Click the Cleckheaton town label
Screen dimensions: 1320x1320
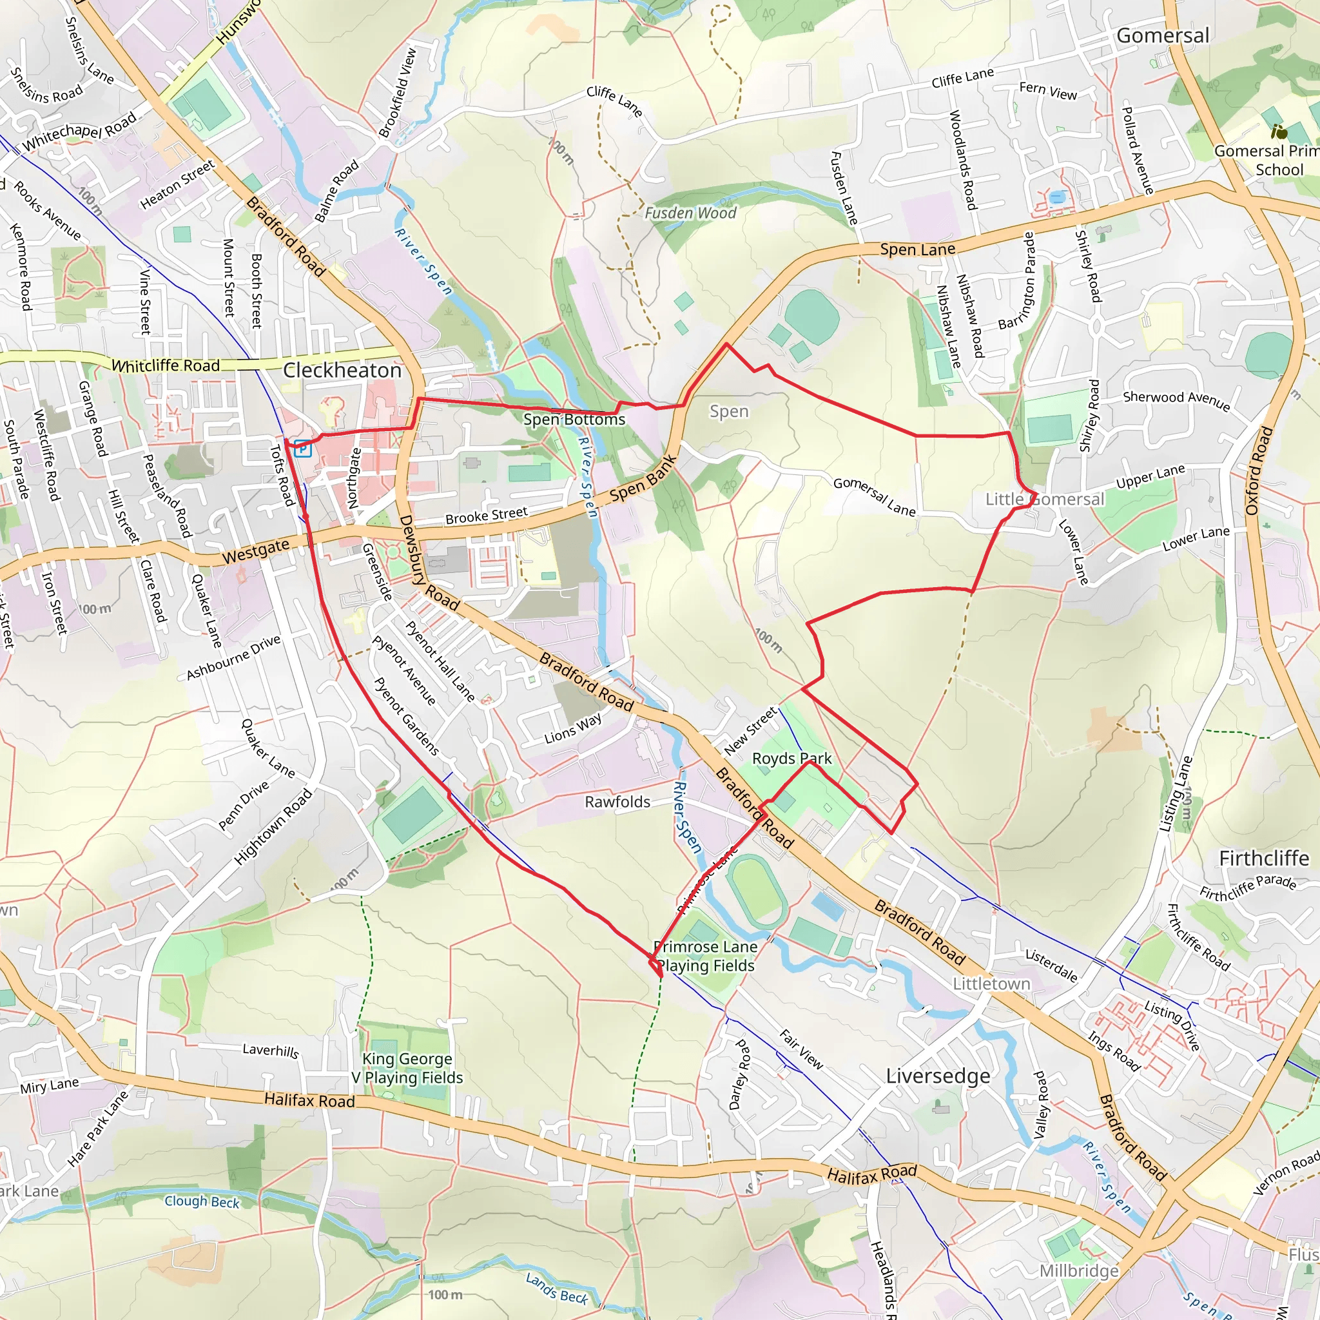pyautogui.click(x=342, y=371)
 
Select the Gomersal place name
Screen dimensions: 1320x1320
pyautogui.click(x=1162, y=35)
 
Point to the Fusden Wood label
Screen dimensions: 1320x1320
pyautogui.click(x=690, y=213)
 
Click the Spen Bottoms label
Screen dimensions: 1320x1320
pyautogui.click(x=574, y=420)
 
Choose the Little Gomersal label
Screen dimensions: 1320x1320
pyautogui.click(x=1044, y=500)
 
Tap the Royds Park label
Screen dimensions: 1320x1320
pyautogui.click(x=791, y=759)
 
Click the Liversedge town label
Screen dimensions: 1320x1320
pyautogui.click(x=937, y=1076)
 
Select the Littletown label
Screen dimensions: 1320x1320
pyautogui.click(x=991, y=984)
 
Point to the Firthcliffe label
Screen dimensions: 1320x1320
pyautogui.click(x=1263, y=858)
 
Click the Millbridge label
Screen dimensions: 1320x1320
pyautogui.click(x=1079, y=1271)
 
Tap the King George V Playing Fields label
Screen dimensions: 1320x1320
pyautogui.click(x=407, y=1068)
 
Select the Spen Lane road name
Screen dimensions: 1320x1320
pyautogui.click(x=917, y=249)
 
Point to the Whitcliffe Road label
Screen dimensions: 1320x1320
pyautogui.click(x=166, y=365)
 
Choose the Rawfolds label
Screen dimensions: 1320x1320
pyautogui.click(x=617, y=802)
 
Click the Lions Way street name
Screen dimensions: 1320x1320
pyautogui.click(x=572, y=728)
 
